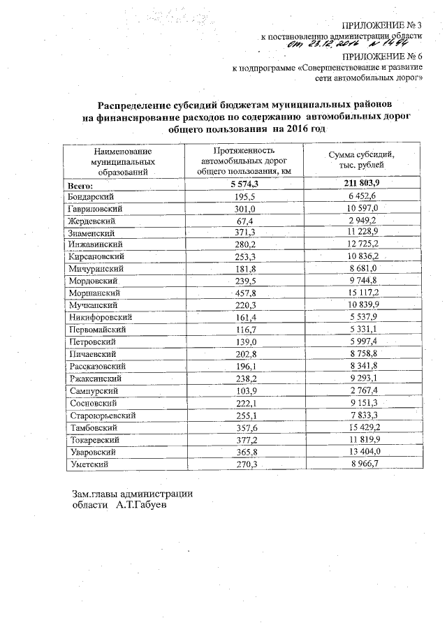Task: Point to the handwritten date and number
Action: pos(351,43)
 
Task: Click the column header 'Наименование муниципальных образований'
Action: pos(116,161)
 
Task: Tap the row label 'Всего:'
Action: pos(80,185)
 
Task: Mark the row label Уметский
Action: pos(88,463)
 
